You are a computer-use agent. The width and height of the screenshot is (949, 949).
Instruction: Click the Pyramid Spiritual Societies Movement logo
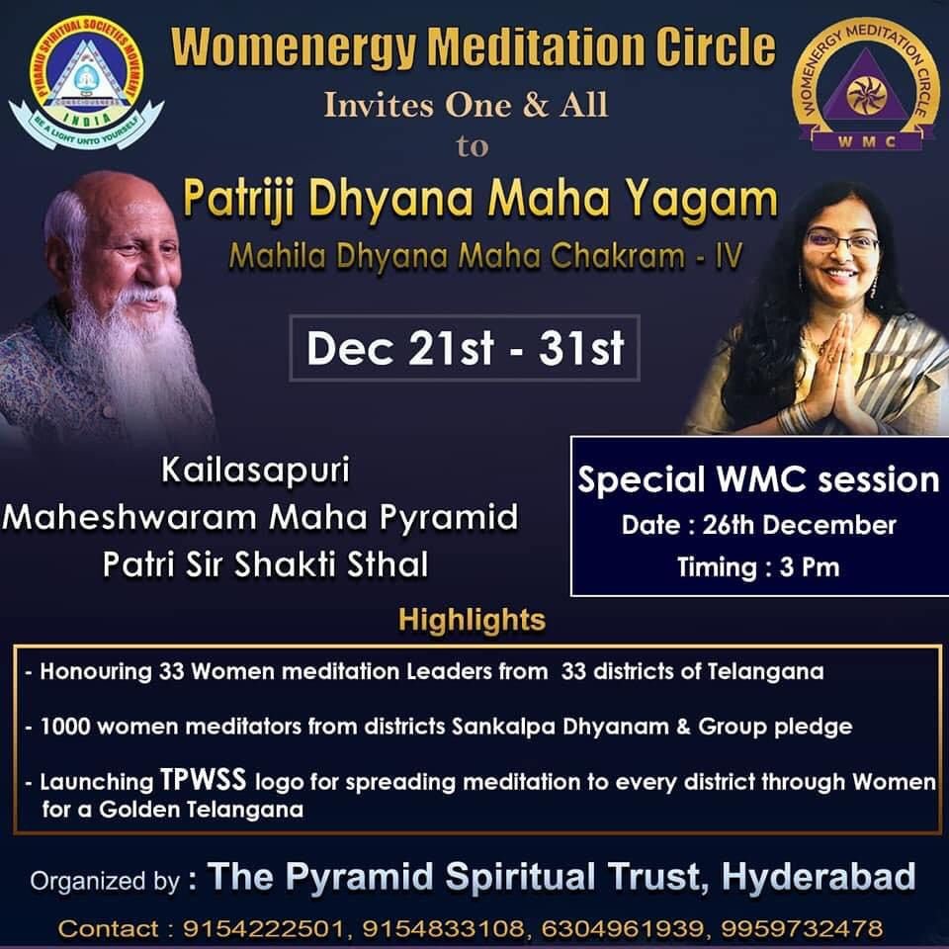86,83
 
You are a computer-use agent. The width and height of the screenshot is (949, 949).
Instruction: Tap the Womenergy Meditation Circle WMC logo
866,85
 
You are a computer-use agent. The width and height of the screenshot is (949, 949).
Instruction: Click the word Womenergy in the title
295,48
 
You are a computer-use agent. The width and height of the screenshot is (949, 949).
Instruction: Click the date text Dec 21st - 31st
465,348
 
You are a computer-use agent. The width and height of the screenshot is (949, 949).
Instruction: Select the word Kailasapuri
255,470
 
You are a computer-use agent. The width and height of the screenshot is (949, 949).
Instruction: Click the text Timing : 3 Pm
758,567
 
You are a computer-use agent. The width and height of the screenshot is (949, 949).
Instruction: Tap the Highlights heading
473,620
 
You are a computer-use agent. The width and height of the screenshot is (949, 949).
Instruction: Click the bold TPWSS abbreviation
203,779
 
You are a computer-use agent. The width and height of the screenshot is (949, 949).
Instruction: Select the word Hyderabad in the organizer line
819,876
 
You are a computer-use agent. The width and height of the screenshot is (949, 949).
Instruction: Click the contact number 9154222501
263,928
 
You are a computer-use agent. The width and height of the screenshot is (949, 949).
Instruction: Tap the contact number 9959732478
802,928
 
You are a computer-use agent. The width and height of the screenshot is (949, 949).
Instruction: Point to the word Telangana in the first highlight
765,672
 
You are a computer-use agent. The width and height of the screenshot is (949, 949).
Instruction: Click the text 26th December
799,525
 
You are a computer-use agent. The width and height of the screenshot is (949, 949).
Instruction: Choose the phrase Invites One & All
466,105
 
